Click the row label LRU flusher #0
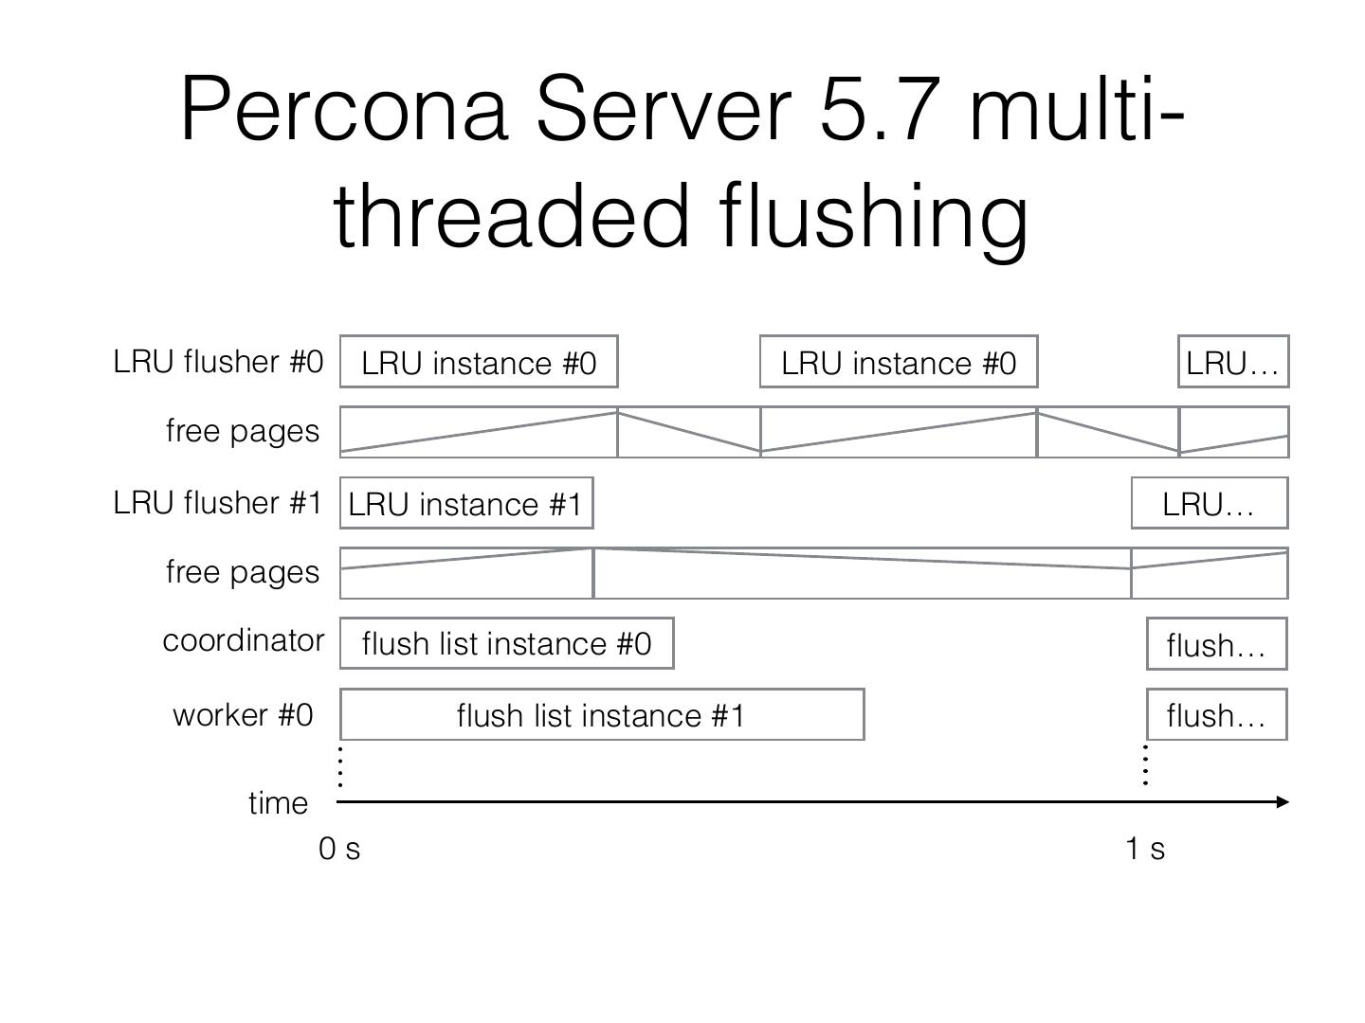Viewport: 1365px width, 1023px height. click(218, 362)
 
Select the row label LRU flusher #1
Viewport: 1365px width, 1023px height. click(218, 503)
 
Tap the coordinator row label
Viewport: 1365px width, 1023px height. click(243, 641)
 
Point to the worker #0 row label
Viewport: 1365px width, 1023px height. click(243, 715)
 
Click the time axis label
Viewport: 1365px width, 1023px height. click(278, 803)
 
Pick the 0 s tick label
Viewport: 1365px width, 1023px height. click(339, 850)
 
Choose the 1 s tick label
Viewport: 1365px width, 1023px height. click(1145, 850)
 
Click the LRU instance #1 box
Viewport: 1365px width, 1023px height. click(466, 504)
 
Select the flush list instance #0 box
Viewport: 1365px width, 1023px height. click(506, 644)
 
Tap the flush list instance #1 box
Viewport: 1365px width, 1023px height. click(601, 715)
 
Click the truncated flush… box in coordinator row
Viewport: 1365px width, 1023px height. click(1216, 645)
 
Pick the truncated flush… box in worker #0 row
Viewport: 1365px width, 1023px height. click(1216, 716)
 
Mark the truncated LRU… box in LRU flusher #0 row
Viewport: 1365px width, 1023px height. click(1232, 363)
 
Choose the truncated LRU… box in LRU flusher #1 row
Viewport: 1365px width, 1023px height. click(1209, 504)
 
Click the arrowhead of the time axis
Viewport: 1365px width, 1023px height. click(1283, 802)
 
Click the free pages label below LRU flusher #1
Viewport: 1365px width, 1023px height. click(243, 572)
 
